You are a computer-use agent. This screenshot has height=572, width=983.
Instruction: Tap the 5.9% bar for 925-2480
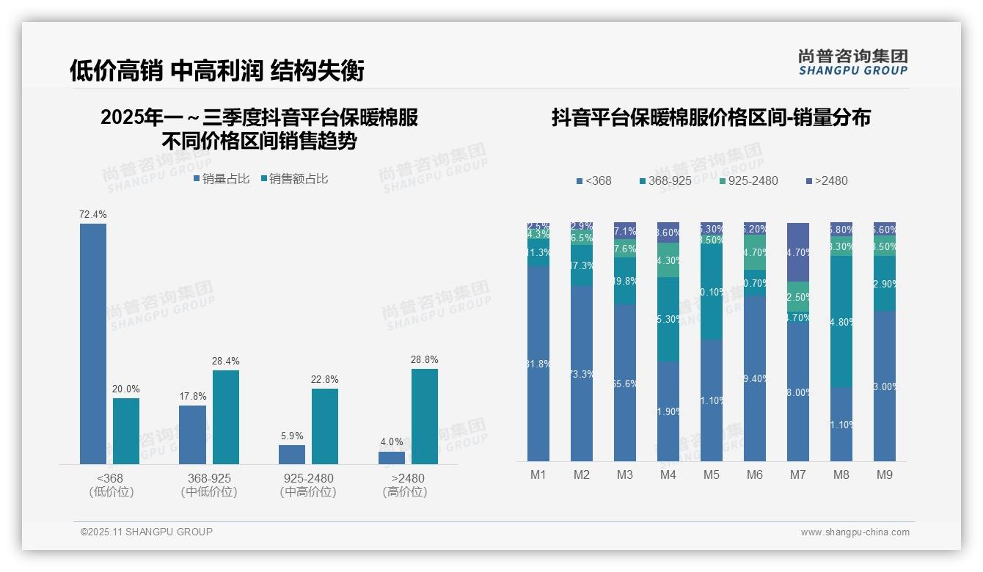(x=292, y=455)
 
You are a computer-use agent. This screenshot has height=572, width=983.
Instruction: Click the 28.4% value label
(x=226, y=362)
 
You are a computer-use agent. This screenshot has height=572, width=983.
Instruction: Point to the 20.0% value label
(x=126, y=389)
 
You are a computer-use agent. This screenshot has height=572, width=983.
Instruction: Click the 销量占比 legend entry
(x=222, y=179)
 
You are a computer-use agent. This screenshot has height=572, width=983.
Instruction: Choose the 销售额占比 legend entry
(x=295, y=179)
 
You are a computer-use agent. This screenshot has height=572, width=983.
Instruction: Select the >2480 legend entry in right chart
(x=827, y=180)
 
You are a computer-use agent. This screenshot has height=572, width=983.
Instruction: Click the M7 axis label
(x=798, y=475)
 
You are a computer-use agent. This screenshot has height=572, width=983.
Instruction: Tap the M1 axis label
(x=538, y=475)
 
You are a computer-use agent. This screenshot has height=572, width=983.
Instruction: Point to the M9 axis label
(x=885, y=475)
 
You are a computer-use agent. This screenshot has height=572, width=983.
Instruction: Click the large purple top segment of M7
(x=798, y=252)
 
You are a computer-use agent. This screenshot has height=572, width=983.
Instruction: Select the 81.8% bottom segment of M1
(x=538, y=363)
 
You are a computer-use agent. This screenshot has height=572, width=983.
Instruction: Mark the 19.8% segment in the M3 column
(x=625, y=281)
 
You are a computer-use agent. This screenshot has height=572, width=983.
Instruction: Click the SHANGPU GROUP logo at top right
(x=852, y=62)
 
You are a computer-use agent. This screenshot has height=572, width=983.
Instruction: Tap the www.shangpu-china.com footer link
(x=855, y=532)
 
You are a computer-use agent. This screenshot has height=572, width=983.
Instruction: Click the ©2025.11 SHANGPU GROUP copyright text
(x=147, y=532)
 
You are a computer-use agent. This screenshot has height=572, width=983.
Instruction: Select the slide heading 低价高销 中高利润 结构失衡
(x=217, y=70)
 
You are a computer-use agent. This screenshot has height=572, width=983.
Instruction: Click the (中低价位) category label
(x=209, y=492)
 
